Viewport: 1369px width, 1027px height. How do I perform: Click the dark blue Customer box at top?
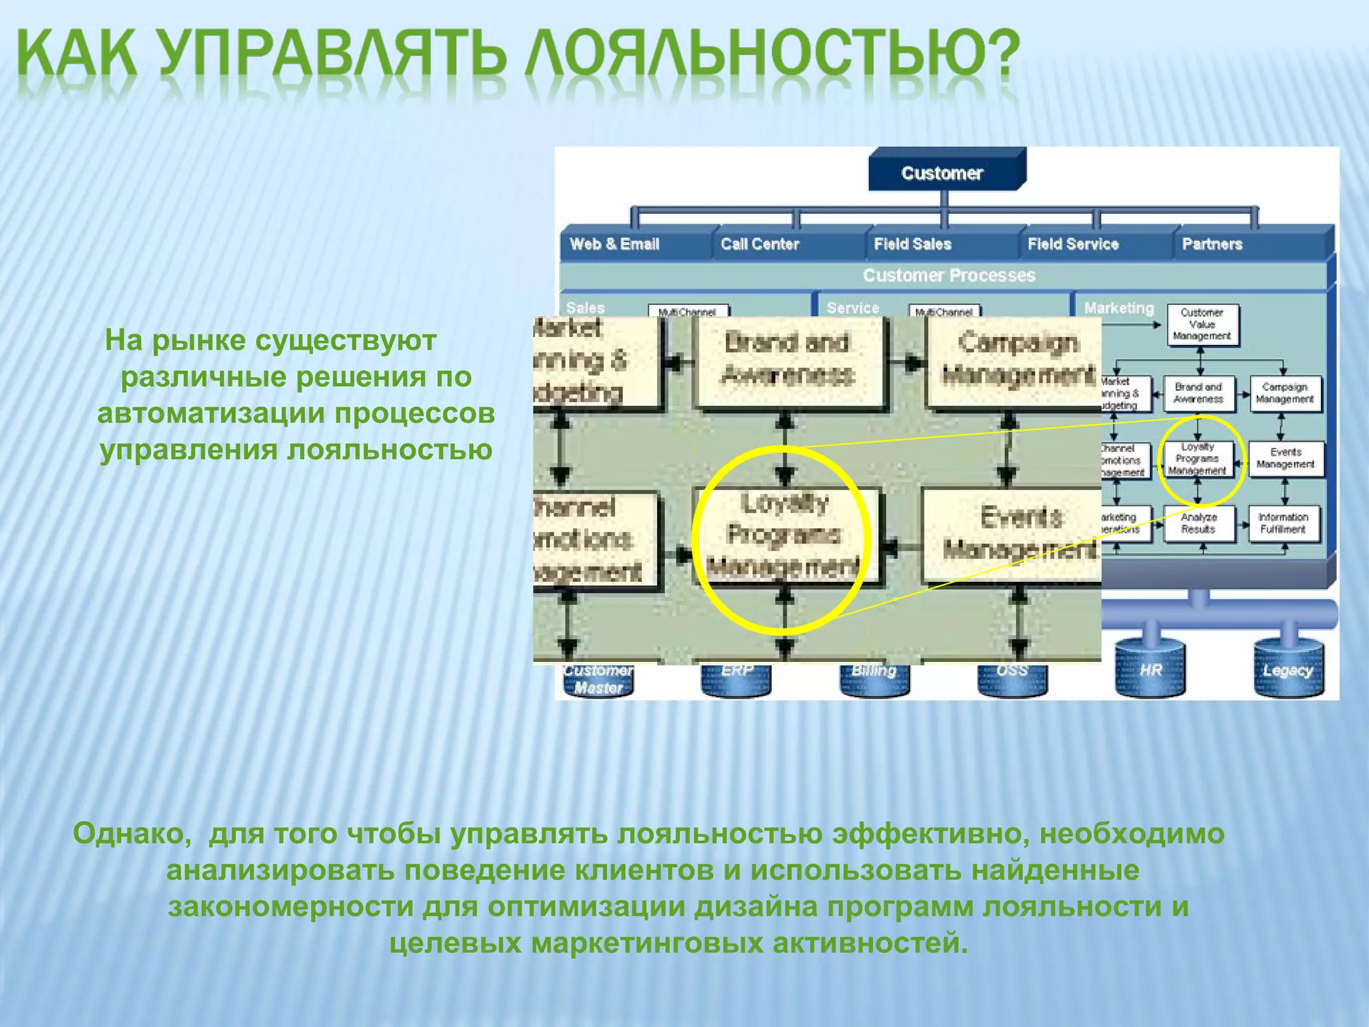(943, 173)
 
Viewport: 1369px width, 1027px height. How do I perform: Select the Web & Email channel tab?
(615, 244)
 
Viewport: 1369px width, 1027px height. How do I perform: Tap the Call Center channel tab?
(760, 244)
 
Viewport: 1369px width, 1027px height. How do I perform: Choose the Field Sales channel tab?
(912, 244)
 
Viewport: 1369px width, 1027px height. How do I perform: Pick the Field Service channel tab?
(1073, 244)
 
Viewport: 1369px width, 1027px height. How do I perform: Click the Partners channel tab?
(1212, 244)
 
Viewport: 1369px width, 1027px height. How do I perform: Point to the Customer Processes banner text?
(949, 275)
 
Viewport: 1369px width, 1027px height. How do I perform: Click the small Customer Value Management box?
(1202, 324)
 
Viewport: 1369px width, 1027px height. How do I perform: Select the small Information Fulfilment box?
(1283, 523)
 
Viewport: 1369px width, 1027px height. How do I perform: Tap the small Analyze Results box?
(1198, 523)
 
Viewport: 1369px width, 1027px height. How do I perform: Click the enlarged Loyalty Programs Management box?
(785, 535)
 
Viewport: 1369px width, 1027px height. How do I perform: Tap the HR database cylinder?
(1150, 669)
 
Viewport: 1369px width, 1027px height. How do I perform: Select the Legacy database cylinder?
(1288, 669)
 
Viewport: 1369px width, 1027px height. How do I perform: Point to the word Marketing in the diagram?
(1119, 308)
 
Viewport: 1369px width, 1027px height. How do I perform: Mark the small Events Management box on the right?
(1285, 458)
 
